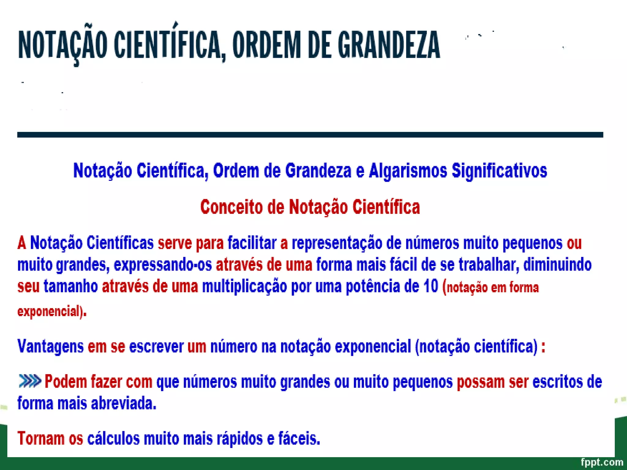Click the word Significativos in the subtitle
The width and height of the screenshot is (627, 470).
click(499, 171)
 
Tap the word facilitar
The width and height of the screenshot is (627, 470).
click(252, 243)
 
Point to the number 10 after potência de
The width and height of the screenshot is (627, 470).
click(431, 286)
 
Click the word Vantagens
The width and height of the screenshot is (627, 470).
click(51, 347)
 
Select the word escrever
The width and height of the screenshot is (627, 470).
click(156, 347)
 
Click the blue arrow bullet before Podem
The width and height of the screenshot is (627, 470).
click(30, 381)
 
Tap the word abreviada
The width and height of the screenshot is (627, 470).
click(124, 403)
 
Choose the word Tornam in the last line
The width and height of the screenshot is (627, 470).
click(41, 438)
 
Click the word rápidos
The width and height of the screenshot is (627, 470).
click(240, 438)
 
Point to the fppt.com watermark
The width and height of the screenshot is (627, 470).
click(602, 462)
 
